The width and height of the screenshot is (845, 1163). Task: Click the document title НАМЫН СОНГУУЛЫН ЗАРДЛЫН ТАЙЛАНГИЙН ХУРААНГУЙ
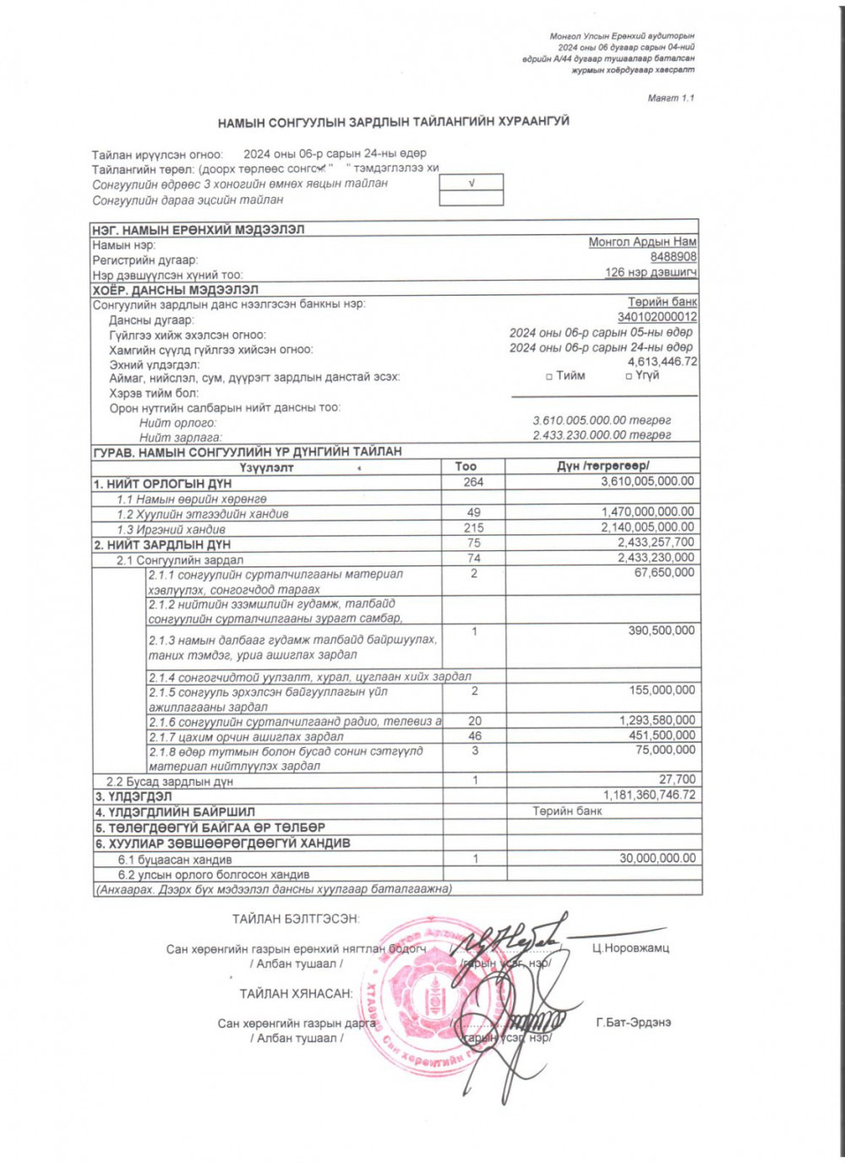tap(393, 122)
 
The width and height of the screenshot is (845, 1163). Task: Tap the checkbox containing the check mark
tap(472, 183)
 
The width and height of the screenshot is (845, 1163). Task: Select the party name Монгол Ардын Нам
tap(642, 242)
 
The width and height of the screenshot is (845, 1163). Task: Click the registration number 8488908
tap(673, 257)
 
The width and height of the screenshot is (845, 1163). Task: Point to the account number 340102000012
tap(657, 317)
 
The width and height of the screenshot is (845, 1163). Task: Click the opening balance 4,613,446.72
tap(662, 362)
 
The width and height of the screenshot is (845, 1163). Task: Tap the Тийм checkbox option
tap(550, 376)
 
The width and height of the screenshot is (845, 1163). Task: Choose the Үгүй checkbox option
tap(629, 376)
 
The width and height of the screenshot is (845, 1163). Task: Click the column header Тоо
tap(466, 466)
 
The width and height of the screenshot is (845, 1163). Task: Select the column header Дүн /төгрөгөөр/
tap(602, 466)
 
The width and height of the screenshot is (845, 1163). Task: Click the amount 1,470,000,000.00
tap(647, 512)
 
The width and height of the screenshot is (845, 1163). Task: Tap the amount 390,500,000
tap(661, 631)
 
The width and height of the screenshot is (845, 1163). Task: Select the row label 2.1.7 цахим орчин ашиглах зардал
tap(246, 736)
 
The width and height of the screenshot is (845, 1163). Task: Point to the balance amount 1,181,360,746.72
tap(649, 795)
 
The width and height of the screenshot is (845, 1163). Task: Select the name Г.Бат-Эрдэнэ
tap(633, 1023)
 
